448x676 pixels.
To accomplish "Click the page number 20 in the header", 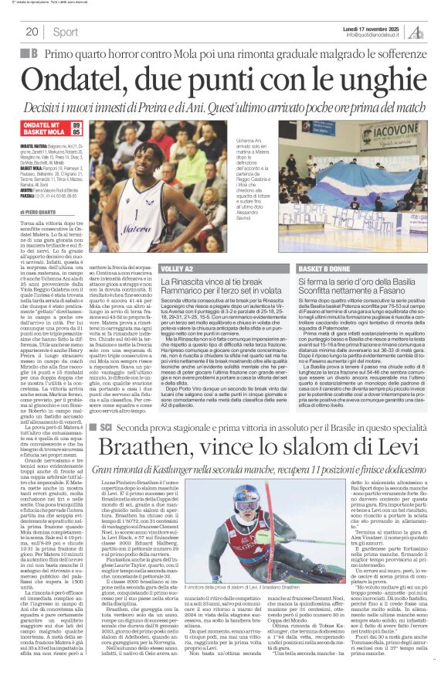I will (32, 32).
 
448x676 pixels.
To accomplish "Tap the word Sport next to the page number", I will (66, 32).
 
